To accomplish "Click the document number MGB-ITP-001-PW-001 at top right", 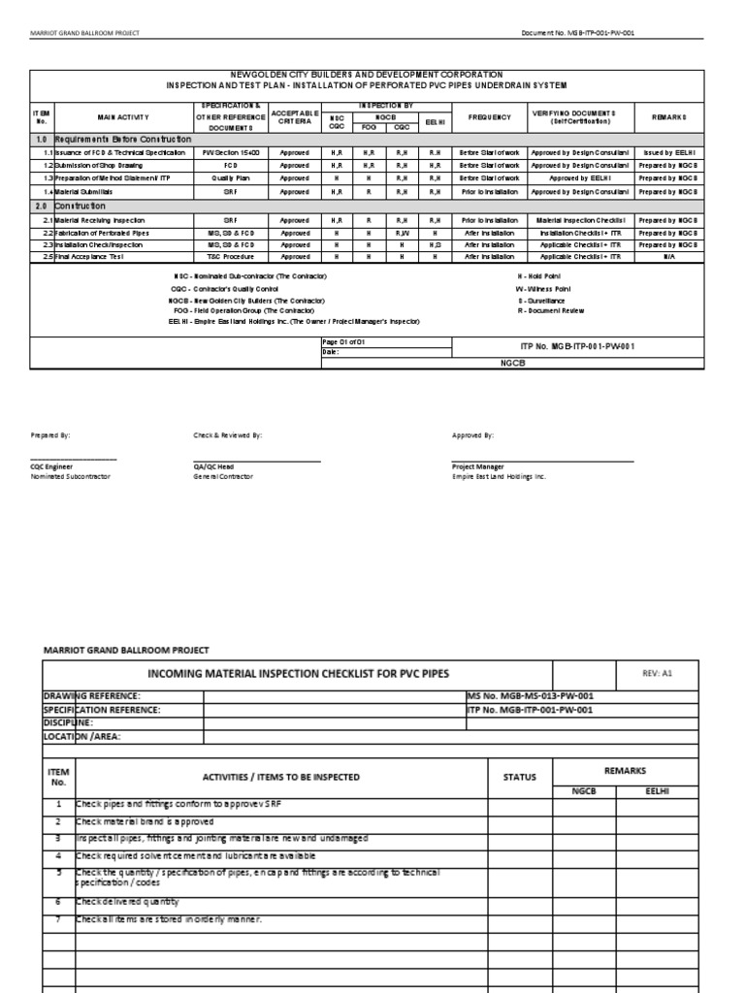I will [579, 32].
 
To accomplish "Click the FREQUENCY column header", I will [482, 117].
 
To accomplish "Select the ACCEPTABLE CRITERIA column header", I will [295, 117].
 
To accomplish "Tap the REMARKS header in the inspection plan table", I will [669, 117].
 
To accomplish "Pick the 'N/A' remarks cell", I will [669, 257].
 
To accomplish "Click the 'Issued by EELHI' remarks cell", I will [669, 152].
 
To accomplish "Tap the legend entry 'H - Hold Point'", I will [535, 277].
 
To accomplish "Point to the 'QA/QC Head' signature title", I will [213, 466].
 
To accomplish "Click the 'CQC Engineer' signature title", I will [53, 466].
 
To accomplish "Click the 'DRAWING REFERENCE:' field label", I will [93, 695].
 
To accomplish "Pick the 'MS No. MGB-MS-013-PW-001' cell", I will [532, 695].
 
